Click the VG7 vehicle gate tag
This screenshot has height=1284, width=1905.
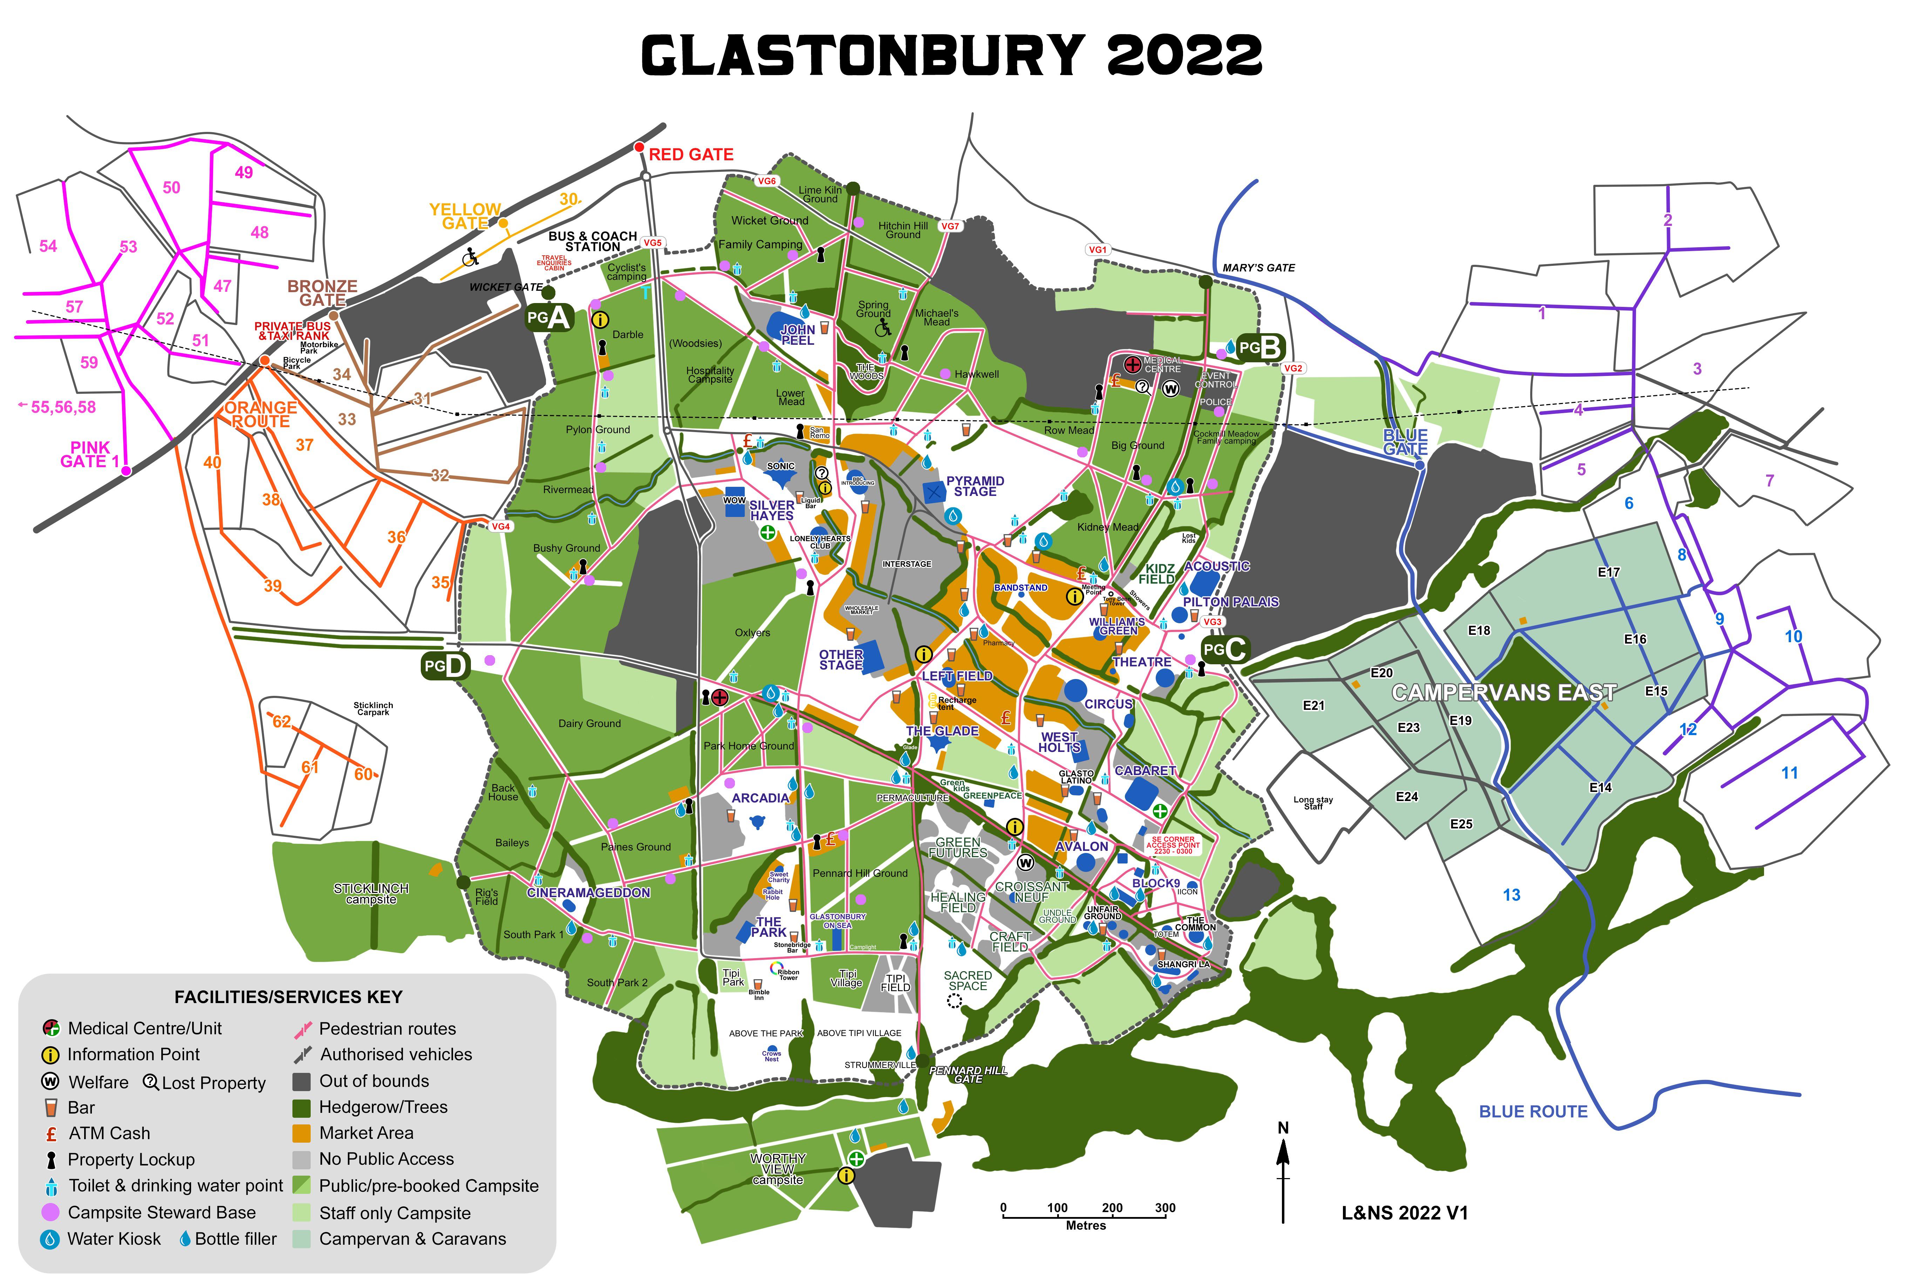coord(950,226)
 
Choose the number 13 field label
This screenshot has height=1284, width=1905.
coord(1511,895)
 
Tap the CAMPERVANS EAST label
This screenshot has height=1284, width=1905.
coord(1504,693)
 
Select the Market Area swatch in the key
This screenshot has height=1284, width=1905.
coord(302,1133)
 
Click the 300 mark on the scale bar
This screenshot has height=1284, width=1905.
coord(1165,1208)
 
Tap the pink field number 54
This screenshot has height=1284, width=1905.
coord(48,247)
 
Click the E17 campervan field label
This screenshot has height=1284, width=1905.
coord(1609,572)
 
